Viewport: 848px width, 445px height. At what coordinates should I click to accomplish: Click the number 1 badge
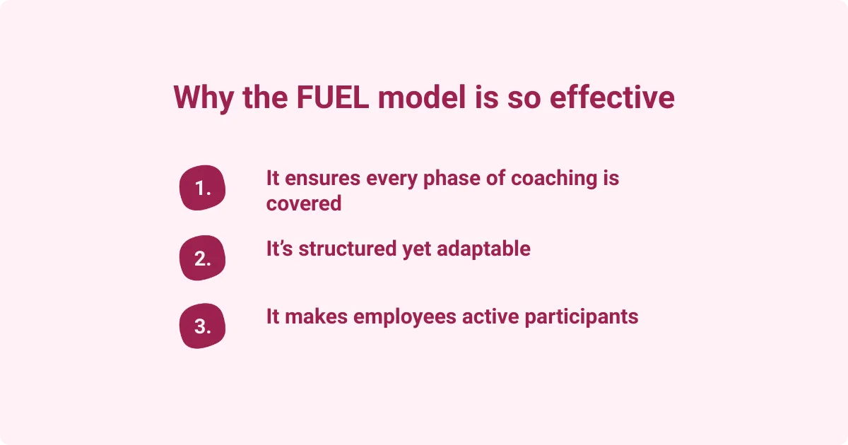[x=203, y=189]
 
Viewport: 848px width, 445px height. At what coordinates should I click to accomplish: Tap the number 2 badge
[x=203, y=259]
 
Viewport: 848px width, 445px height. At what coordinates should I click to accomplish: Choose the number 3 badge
[x=203, y=327]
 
